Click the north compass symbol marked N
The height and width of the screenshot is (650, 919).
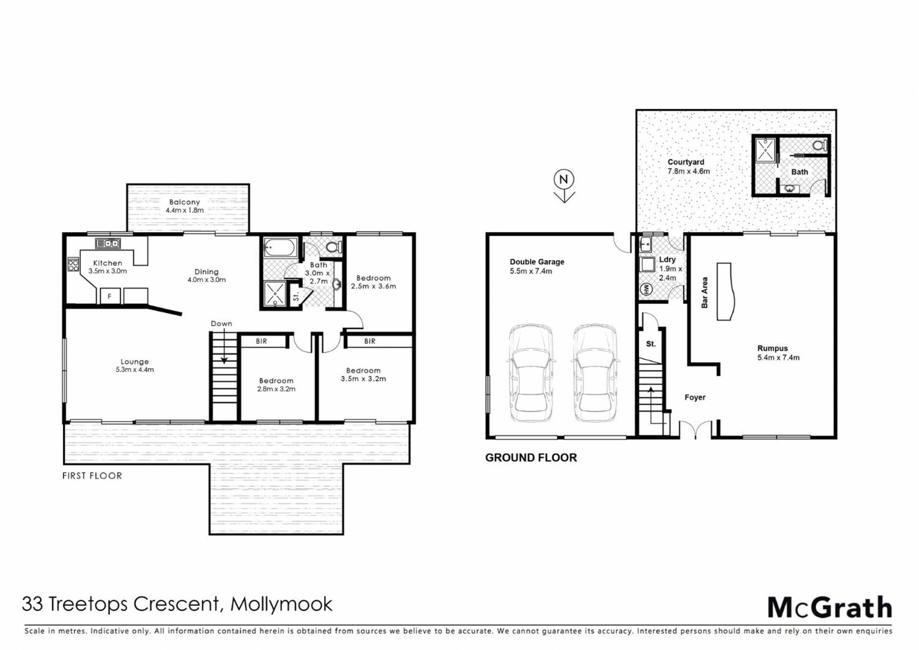point(564,186)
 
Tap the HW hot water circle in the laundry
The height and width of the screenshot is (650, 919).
point(646,289)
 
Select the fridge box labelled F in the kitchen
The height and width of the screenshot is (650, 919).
point(110,296)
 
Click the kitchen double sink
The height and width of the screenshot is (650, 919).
point(108,243)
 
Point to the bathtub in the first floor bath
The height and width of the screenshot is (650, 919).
point(281,248)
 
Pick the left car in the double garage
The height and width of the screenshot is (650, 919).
point(531,373)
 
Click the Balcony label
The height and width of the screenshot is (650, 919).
point(184,202)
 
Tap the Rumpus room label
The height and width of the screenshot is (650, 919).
point(773,348)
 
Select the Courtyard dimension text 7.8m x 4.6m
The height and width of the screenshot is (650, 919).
point(689,171)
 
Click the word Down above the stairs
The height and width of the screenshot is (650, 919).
point(221,324)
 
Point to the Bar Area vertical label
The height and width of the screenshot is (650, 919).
point(704,292)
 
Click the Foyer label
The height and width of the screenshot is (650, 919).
point(695,397)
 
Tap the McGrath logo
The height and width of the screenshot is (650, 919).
point(829,608)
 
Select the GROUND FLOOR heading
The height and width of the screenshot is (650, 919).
point(531,458)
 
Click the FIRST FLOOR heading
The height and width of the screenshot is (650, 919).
point(92,476)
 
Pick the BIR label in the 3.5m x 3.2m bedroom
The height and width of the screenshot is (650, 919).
point(370,341)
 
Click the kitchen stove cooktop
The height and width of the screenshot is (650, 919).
point(73,264)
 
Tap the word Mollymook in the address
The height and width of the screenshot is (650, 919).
point(281,605)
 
